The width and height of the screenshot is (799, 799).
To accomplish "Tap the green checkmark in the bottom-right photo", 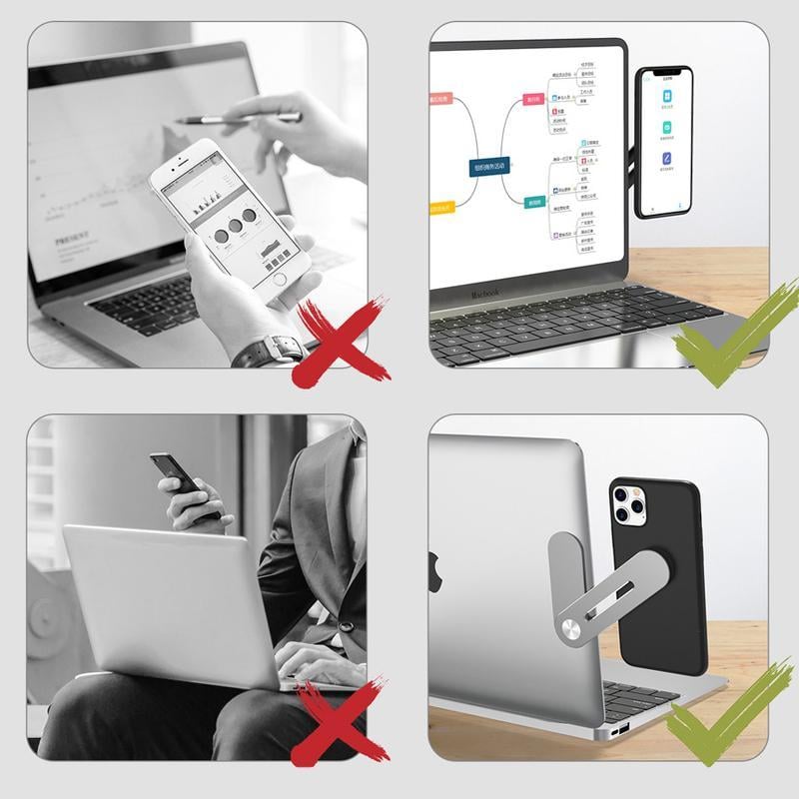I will pyautogui.click(x=717, y=714).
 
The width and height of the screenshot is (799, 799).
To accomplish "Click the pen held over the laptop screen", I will pyautogui.click(x=240, y=119).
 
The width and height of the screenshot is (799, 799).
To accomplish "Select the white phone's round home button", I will pyautogui.click(x=283, y=278).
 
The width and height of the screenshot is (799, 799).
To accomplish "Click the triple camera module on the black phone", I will pyautogui.click(x=628, y=504).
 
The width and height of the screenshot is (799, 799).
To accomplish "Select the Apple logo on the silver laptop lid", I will pyautogui.click(x=436, y=572).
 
